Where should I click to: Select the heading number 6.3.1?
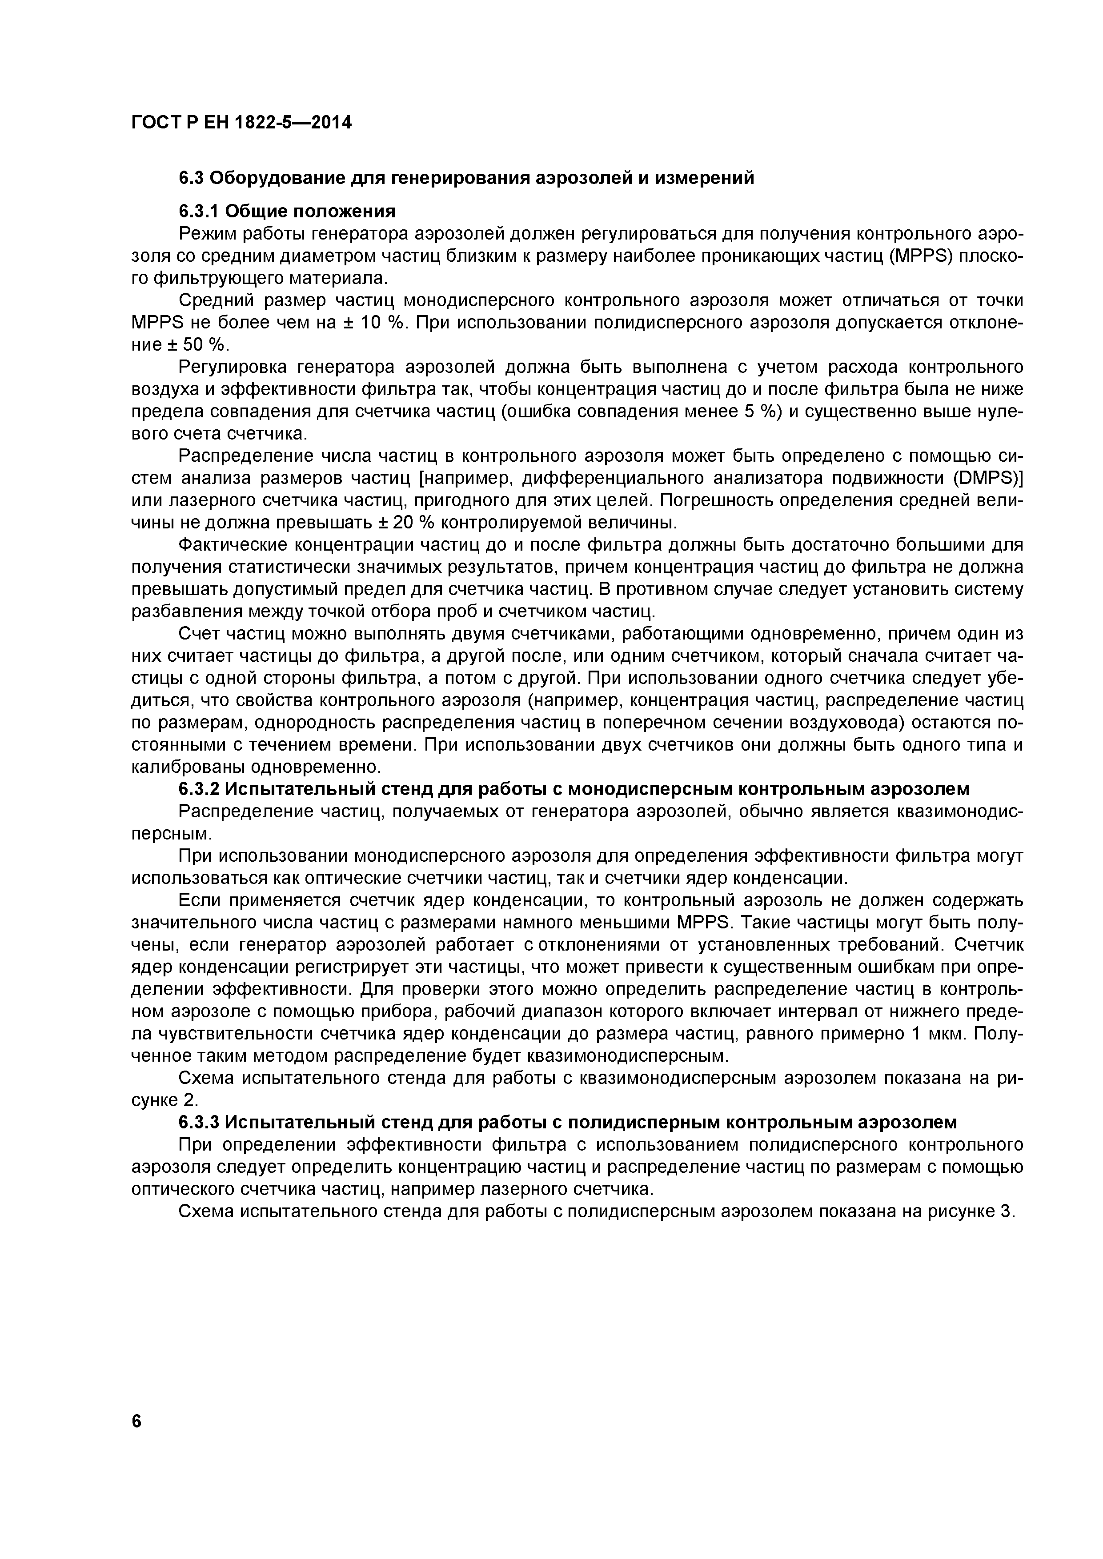198,211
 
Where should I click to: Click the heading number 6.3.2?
198,789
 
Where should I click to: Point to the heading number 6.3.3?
198,1122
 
